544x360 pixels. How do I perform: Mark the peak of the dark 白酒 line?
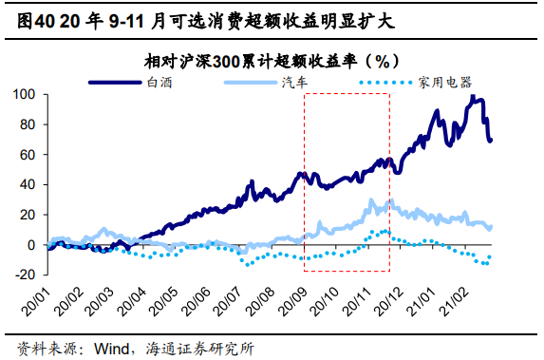pyautogui.click(x=472, y=97)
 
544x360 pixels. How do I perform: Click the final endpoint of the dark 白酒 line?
pyautogui.click(x=491, y=141)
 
